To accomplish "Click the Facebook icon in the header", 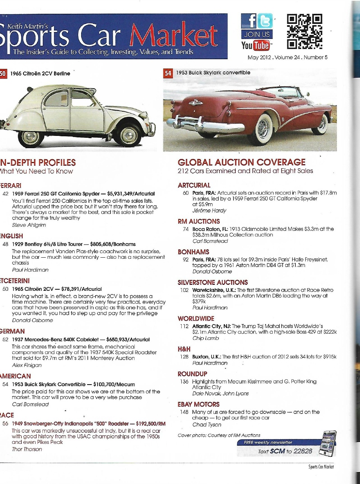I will point(249,21).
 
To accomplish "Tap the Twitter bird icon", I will point(265,21).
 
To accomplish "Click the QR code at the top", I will point(304,32).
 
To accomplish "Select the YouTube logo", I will point(256,45).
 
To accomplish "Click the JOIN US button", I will point(257,34).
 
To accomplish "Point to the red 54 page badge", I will point(168,73).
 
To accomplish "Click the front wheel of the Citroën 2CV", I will point(129,135).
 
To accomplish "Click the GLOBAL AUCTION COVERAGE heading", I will point(241,162).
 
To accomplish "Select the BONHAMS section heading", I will point(193,252).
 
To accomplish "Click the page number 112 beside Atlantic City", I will point(184,326).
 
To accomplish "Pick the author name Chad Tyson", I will point(207,425).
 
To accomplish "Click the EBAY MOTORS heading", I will point(198,404).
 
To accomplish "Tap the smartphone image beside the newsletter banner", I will point(328,443).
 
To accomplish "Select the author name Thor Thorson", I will point(27,449).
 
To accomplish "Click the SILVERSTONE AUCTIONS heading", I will point(213,283).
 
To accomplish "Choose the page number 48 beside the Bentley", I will point(6,244).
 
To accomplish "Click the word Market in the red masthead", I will point(173,36).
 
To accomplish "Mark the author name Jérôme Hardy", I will point(209,211).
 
